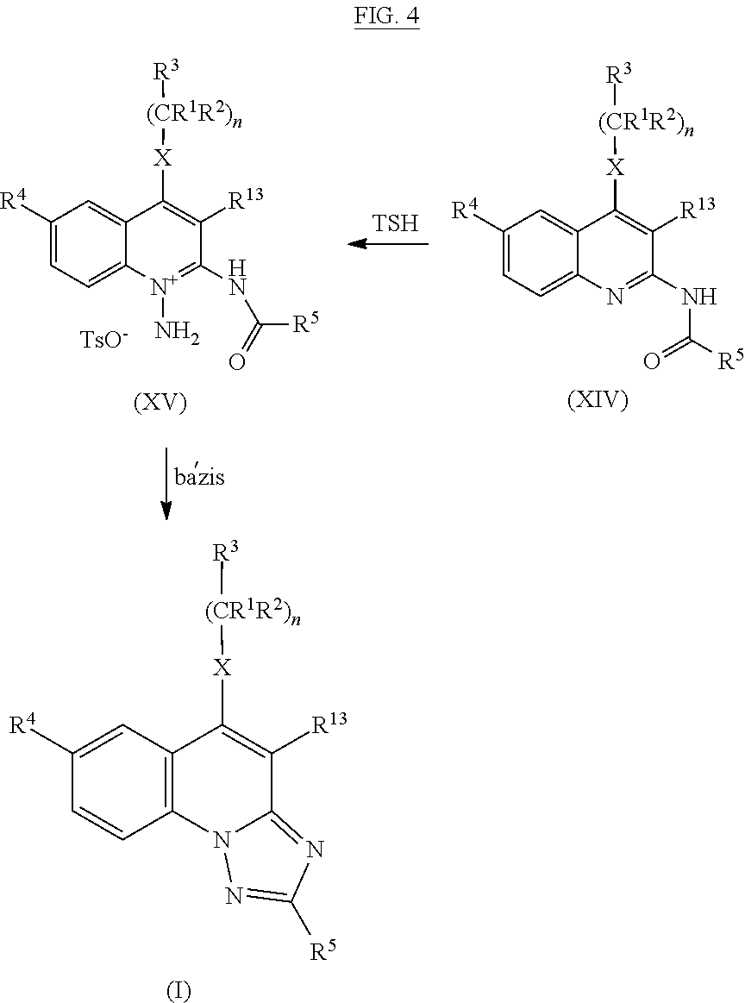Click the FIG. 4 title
click(x=387, y=16)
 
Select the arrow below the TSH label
click(x=387, y=244)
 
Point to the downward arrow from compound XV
click(x=166, y=484)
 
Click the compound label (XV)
click(x=160, y=403)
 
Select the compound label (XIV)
click(x=598, y=400)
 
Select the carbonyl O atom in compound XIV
click(x=652, y=362)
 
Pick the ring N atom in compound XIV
click(x=615, y=296)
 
